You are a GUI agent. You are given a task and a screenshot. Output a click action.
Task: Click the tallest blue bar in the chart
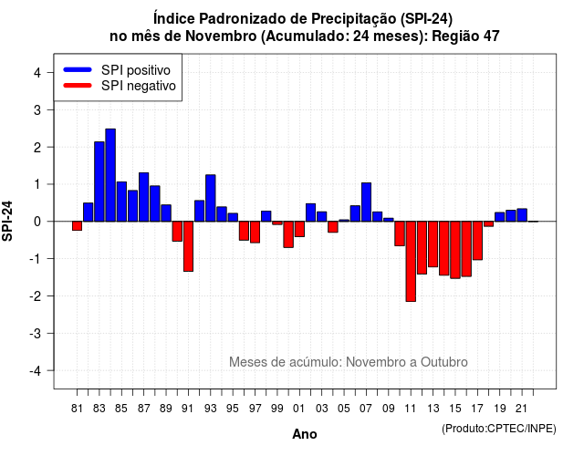pyautogui.click(x=110, y=175)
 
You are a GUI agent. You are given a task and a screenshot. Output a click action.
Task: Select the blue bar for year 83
pyautogui.click(x=99, y=181)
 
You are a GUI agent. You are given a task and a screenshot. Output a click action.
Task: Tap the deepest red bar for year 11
pyautogui.click(x=411, y=262)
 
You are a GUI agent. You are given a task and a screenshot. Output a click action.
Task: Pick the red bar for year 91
pyautogui.click(x=188, y=246)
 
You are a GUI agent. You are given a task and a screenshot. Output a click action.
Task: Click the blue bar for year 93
pyautogui.click(x=211, y=198)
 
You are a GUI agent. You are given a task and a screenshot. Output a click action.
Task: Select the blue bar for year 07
pyautogui.click(x=366, y=202)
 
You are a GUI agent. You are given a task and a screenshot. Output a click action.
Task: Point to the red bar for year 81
pyautogui.click(x=77, y=226)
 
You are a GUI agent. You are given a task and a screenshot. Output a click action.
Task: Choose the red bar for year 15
pyautogui.click(x=455, y=250)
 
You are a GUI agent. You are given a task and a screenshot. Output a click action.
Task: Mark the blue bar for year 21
pyautogui.click(x=522, y=215)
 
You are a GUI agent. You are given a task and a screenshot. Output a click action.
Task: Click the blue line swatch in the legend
pyautogui.click(x=78, y=69)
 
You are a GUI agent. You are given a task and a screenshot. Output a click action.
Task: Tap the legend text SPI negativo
pyautogui.click(x=139, y=86)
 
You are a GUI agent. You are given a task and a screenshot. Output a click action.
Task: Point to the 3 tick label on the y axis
pyautogui.click(x=37, y=109)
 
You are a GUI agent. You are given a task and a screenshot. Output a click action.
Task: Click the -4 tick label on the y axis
pyautogui.click(x=36, y=371)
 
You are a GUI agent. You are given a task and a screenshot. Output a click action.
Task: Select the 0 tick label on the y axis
pyautogui.click(x=37, y=222)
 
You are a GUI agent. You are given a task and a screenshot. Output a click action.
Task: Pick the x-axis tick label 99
pyautogui.click(x=277, y=409)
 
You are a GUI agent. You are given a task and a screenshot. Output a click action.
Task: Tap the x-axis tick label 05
pyautogui.click(x=344, y=409)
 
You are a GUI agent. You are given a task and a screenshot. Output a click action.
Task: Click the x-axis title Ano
pyautogui.click(x=305, y=434)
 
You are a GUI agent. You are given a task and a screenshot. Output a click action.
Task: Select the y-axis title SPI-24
pyautogui.click(x=7, y=221)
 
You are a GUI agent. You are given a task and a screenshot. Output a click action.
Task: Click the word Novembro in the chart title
pyautogui.click(x=221, y=36)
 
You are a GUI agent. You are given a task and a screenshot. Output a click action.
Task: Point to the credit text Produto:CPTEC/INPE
pyautogui.click(x=499, y=429)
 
